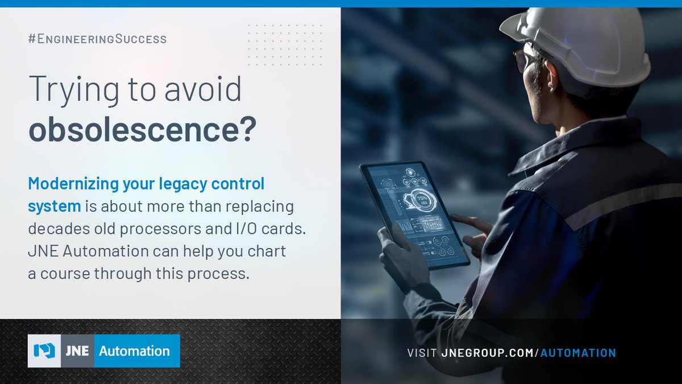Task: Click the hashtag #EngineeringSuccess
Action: tap(97, 39)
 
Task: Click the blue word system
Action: tap(55, 206)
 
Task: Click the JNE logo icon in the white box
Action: tap(44, 351)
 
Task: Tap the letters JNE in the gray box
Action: tap(77, 351)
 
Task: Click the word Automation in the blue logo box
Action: tap(134, 351)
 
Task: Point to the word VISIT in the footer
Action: tap(422, 353)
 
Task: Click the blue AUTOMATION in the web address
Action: tap(578, 353)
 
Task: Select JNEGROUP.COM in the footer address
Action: tap(487, 353)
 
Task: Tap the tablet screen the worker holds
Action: tap(415, 213)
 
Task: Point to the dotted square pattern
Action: tap(285, 45)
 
